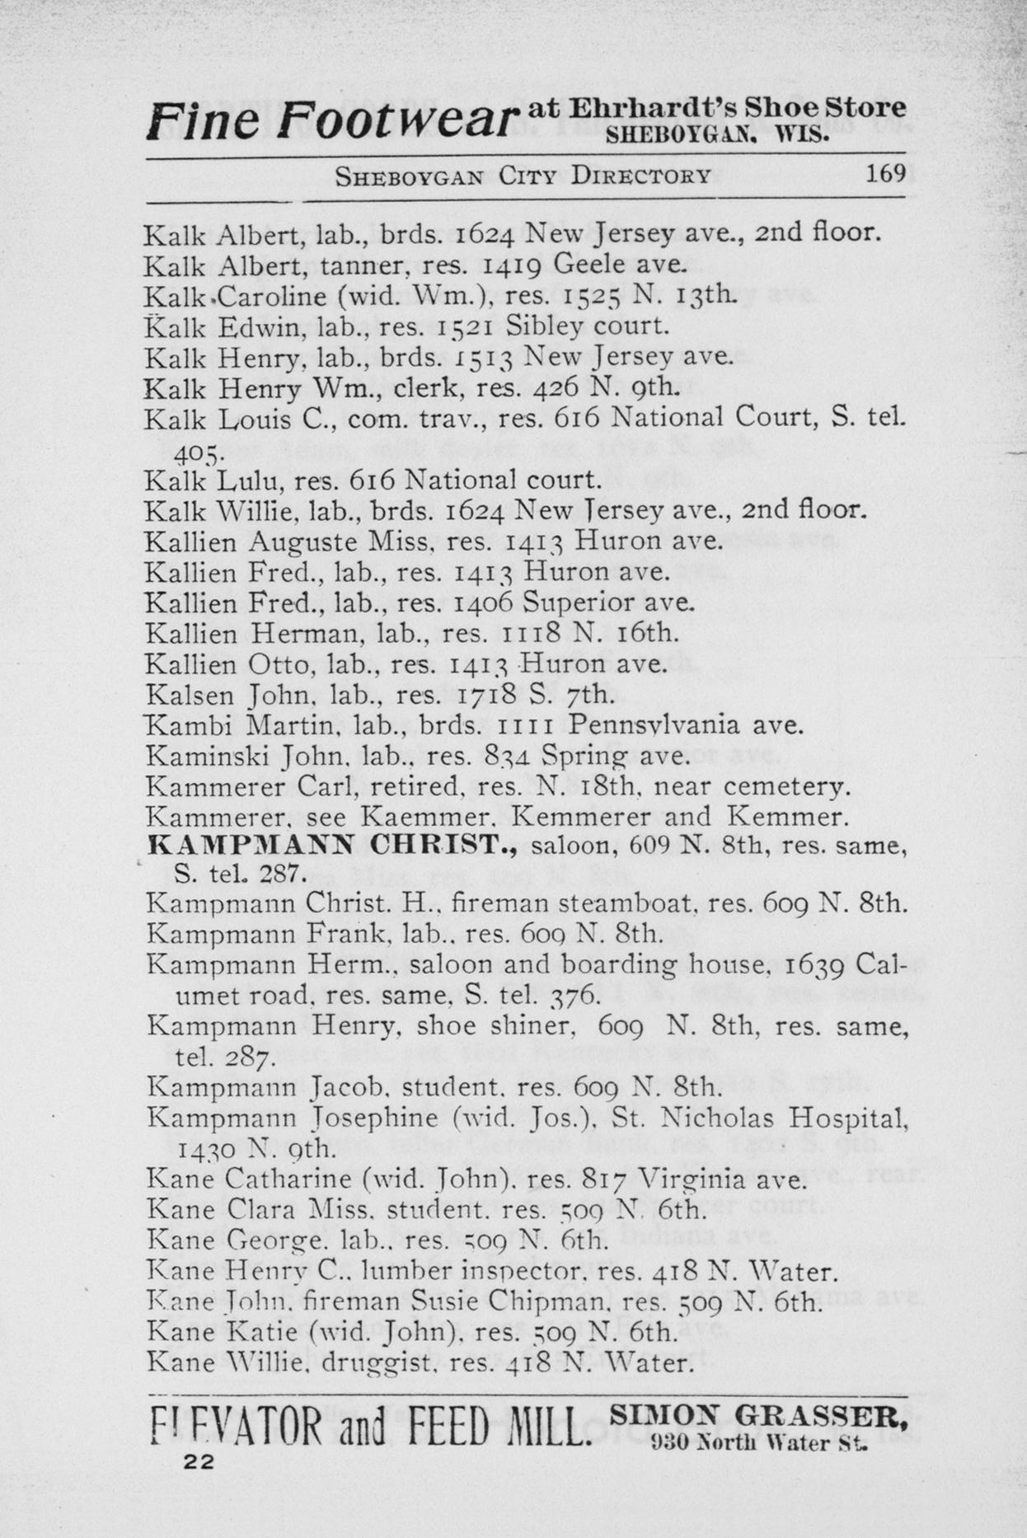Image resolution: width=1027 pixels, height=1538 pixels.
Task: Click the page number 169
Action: tap(885, 174)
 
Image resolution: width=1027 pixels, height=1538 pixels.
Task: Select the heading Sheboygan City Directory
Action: tap(523, 176)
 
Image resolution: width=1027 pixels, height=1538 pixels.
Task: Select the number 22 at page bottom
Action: tap(199, 1461)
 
